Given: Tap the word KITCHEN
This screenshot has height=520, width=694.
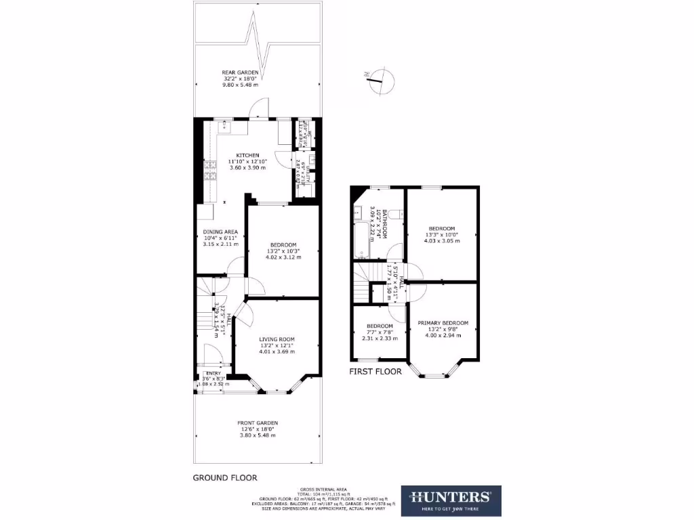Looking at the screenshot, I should [247, 155].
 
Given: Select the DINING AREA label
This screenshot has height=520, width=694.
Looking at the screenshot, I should [220, 232].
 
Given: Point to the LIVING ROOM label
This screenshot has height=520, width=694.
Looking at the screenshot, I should [277, 339].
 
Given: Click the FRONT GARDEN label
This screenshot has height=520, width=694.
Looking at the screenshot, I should [258, 422].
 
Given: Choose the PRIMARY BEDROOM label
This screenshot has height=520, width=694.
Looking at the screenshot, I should [443, 323].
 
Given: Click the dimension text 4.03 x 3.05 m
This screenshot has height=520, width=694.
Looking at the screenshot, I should [442, 240].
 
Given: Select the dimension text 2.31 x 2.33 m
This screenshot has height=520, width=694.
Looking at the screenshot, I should [379, 339].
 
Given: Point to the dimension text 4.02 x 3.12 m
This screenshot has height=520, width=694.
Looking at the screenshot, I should [283, 257].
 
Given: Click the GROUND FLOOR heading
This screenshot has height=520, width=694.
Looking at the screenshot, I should [225, 477].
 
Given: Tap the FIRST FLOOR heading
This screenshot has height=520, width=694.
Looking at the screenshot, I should [375, 372].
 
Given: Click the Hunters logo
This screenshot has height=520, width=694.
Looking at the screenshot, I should [451, 501].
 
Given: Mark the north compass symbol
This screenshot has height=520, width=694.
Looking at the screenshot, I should [380, 81].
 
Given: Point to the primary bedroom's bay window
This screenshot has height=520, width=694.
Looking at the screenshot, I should [436, 370].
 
